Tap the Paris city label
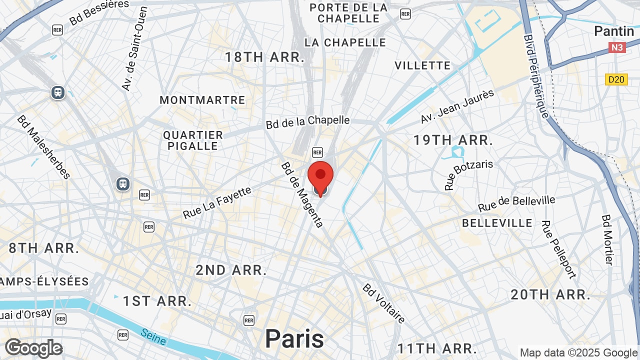click(x=294, y=338)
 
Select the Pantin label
click(x=614, y=31)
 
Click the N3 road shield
click(x=617, y=47)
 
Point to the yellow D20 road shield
click(x=616, y=79)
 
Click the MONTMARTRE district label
click(x=202, y=100)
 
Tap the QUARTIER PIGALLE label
click(x=193, y=140)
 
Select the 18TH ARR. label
click(x=264, y=57)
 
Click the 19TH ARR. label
click(x=453, y=140)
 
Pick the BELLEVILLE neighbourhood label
click(x=497, y=222)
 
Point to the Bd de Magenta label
click(x=302, y=194)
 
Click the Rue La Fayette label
click(x=217, y=202)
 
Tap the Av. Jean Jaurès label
click(x=457, y=106)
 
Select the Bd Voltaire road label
click(x=384, y=303)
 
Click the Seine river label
click(x=153, y=336)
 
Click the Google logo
click(x=33, y=348)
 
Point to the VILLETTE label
click(x=422, y=65)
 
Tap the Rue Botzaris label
click(x=468, y=175)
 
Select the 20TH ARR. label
click(x=550, y=294)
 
